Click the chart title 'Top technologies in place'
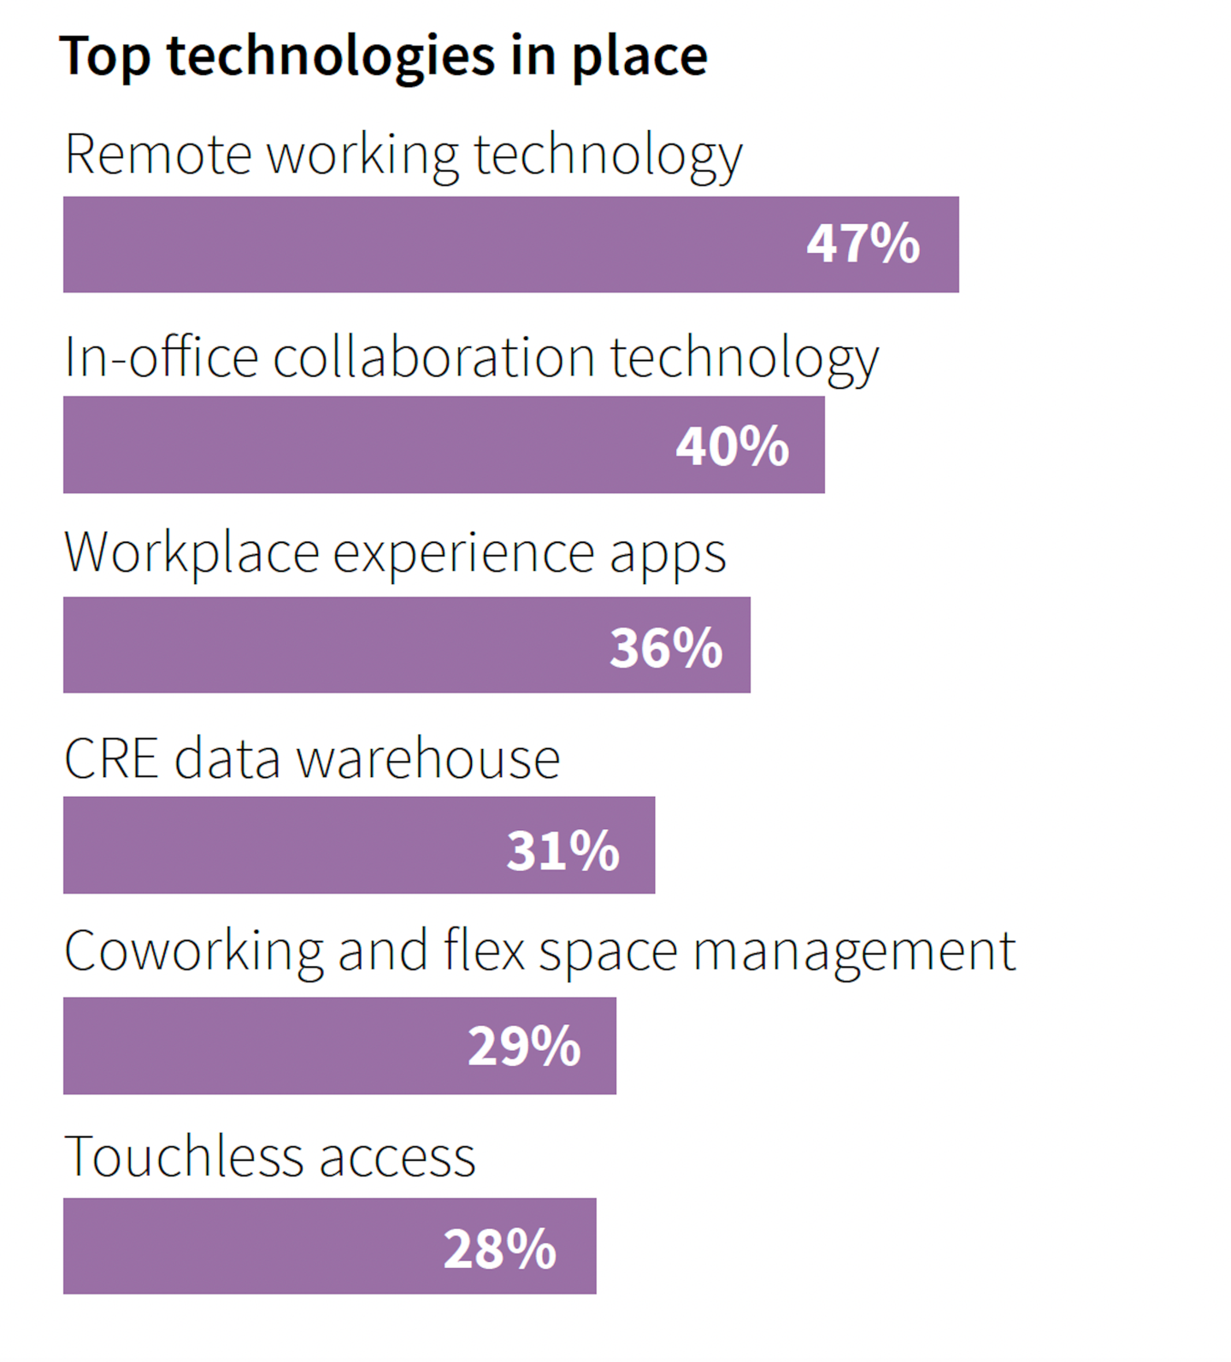pyautogui.click(x=383, y=56)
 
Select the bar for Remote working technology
pyautogui.click(x=427, y=245)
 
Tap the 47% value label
pyautogui.click(x=863, y=244)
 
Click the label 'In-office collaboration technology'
pyautogui.click(x=471, y=357)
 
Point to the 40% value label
pyautogui.click(x=732, y=445)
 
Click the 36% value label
pyautogui.click(x=665, y=647)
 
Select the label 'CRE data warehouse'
pyautogui.click(x=312, y=758)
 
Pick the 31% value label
pyautogui.click(x=562, y=851)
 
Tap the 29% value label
pyautogui.click(x=523, y=1046)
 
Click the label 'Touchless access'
pyautogui.click(x=269, y=1157)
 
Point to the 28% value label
pyautogui.click(x=499, y=1248)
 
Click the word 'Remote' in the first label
pyautogui.click(x=158, y=155)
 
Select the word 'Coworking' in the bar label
pyautogui.click(x=194, y=952)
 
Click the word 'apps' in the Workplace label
pyautogui.click(x=667, y=554)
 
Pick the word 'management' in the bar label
pyautogui.click(x=853, y=952)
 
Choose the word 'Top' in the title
pyautogui.click(x=104, y=56)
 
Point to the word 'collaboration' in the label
pyautogui.click(x=433, y=357)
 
